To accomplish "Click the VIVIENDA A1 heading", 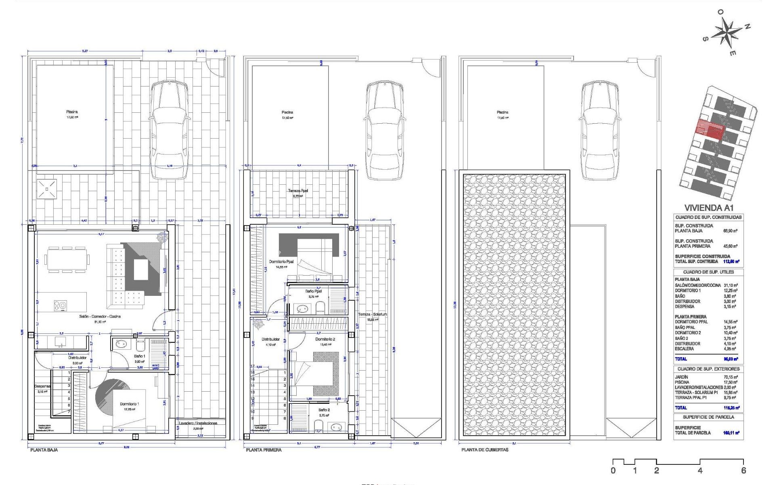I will pos(708,208).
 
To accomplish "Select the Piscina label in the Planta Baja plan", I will pos(72,112).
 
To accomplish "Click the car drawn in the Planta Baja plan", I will pos(169,129).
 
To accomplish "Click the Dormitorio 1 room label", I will pos(129,404).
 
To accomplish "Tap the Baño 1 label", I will pos(140,356).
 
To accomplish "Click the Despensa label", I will pos(42,386).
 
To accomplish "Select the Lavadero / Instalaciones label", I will pos(198,423).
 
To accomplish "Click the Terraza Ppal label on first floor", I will pos(298,191).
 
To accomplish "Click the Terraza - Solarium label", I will pos(372,314).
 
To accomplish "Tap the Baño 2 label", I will pos(324,410).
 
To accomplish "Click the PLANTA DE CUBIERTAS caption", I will pos(485,450).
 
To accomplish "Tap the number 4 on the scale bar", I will pos(700,470).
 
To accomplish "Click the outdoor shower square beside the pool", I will pos(46,189).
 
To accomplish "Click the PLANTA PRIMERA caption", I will pos(264,450).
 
